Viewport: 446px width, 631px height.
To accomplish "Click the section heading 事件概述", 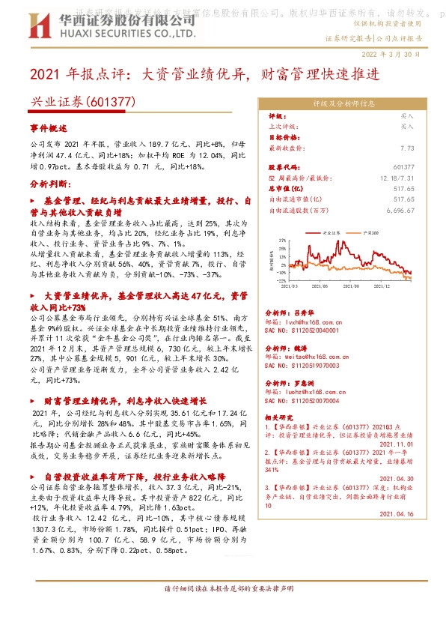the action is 48,128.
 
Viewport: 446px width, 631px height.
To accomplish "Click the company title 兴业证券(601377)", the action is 68,101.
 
